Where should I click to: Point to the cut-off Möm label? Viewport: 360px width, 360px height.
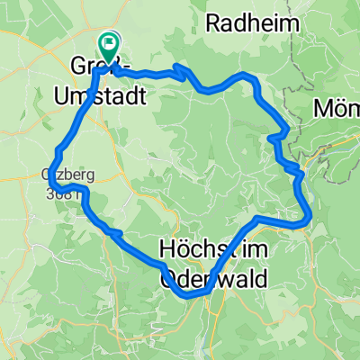click(x=337, y=108)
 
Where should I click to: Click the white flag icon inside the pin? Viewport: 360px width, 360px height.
click(x=111, y=40)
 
